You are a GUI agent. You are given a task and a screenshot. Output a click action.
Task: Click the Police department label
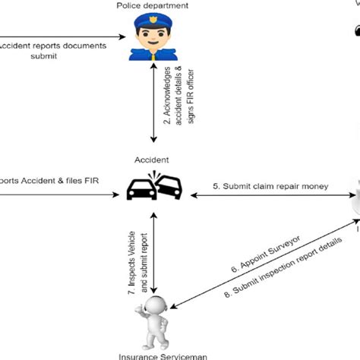pos(152,6)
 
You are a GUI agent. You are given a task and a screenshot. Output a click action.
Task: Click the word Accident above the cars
pos(153,161)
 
